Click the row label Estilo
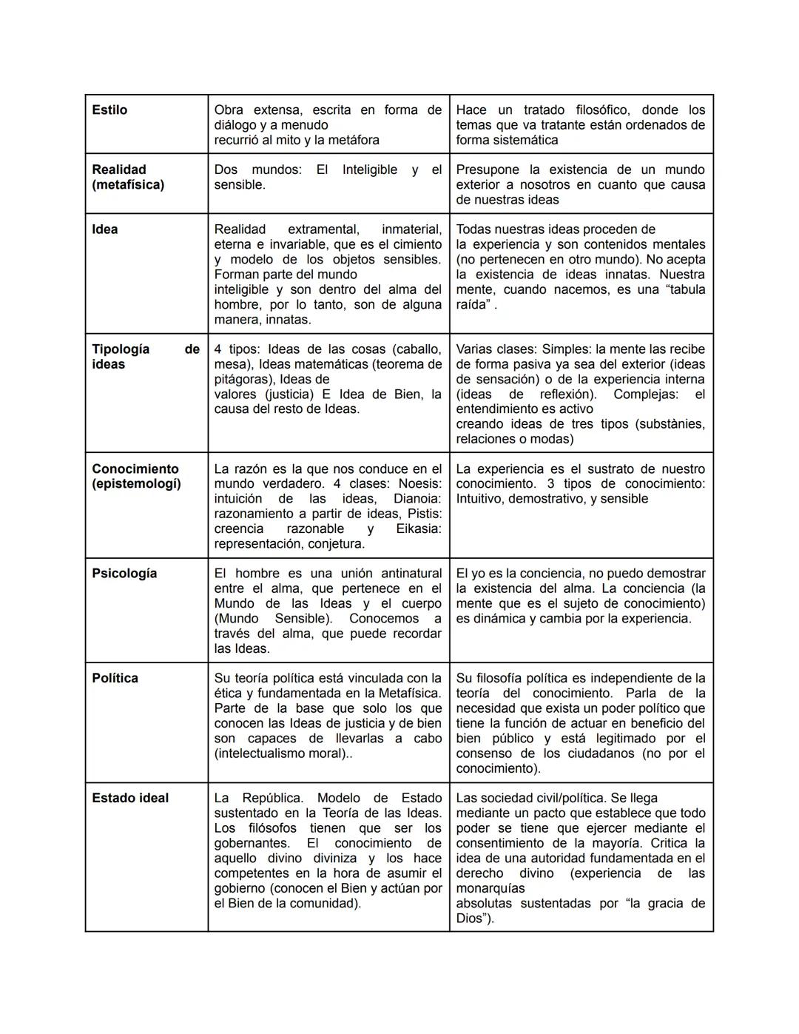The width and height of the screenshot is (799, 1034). click(x=109, y=110)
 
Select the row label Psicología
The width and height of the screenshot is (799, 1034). click(x=124, y=574)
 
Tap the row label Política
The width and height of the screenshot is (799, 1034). click(x=115, y=678)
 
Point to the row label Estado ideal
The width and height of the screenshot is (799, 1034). click(x=130, y=798)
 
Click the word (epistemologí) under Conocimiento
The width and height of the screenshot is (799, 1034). click(x=136, y=484)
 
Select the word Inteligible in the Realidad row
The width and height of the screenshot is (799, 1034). click(x=369, y=169)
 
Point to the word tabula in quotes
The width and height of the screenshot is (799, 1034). click(x=686, y=289)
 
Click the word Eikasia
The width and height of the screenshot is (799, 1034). click(x=416, y=528)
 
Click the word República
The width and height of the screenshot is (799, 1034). click(x=272, y=798)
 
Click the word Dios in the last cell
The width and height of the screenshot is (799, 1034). click(x=470, y=919)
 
